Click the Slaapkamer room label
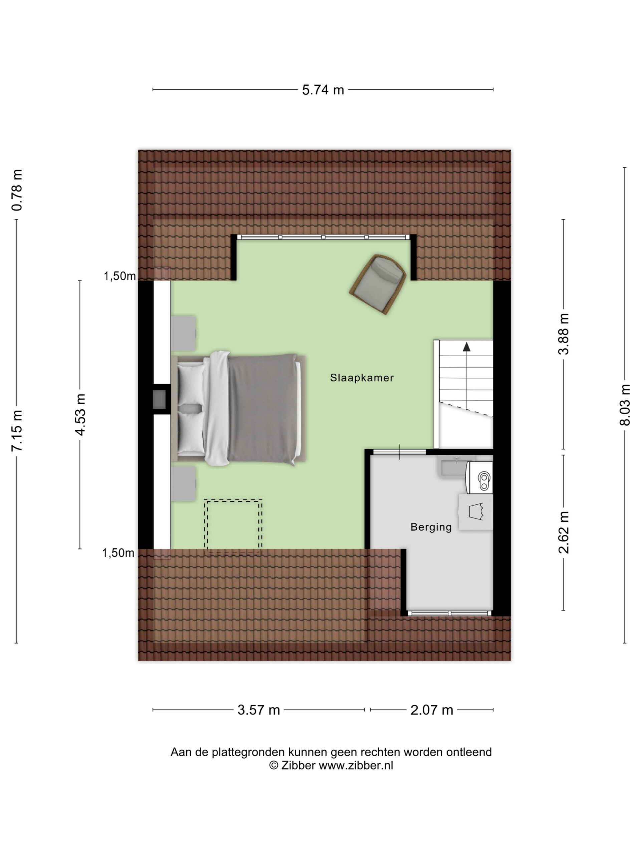point(362,378)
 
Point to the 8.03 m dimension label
point(625,405)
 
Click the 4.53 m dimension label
point(80,415)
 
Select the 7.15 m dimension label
point(17,430)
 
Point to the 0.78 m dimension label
point(17,190)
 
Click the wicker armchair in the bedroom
point(378,284)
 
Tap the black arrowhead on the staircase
point(467,347)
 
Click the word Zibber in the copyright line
point(298,766)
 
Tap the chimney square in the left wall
point(160,399)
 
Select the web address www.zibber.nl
point(356,766)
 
